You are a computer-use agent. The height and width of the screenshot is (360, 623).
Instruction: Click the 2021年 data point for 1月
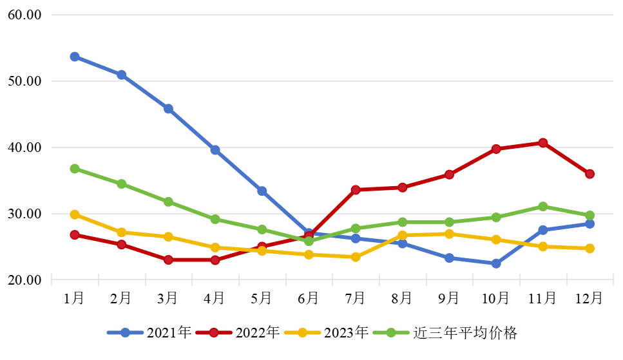pyautogui.click(x=75, y=57)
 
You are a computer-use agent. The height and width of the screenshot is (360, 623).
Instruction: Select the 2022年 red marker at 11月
pyautogui.click(x=543, y=143)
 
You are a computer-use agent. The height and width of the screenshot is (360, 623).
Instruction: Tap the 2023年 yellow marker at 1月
pyautogui.click(x=75, y=214)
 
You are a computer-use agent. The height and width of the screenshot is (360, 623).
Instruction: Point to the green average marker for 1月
pyautogui.click(x=75, y=169)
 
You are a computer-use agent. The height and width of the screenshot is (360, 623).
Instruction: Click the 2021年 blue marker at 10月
pyautogui.click(x=496, y=263)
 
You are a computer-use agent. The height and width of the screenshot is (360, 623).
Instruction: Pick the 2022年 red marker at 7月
pyautogui.click(x=356, y=190)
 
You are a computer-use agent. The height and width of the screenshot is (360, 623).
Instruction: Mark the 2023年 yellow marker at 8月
pyautogui.click(x=403, y=236)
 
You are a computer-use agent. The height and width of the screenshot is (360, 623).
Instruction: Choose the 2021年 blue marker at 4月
pyautogui.click(x=215, y=150)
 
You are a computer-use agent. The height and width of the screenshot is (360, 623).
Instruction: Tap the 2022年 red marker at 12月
pyautogui.click(x=589, y=174)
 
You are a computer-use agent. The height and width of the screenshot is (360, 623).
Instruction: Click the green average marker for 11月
pyautogui.click(x=543, y=207)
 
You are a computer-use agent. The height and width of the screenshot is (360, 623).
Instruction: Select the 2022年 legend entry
pyautogui.click(x=238, y=333)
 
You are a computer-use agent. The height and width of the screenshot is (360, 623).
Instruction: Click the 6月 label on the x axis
pyautogui.click(x=309, y=298)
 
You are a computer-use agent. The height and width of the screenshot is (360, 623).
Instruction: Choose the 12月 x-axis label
pyautogui.click(x=589, y=298)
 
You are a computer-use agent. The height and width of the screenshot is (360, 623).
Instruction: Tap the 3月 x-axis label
pyautogui.click(x=168, y=298)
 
